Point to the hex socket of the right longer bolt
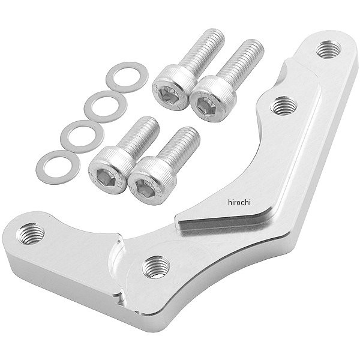point(206,106)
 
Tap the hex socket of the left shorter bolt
point(106,177)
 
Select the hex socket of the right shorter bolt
point(145,188)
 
